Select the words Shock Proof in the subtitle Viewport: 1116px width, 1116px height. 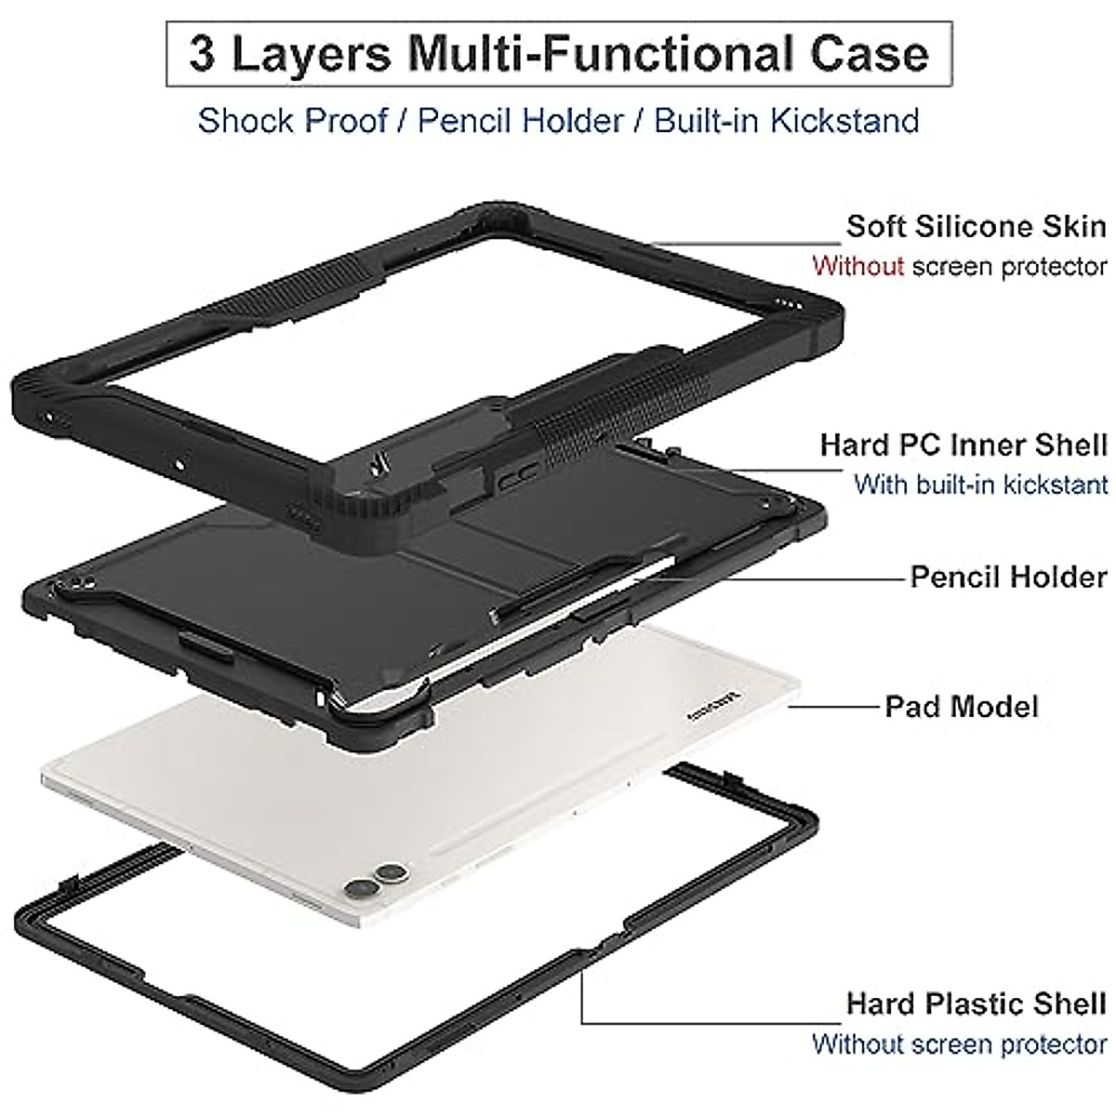pyautogui.click(x=292, y=121)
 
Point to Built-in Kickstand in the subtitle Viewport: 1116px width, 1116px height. pyautogui.click(x=787, y=121)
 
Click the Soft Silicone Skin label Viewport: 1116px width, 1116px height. pyautogui.click(x=976, y=226)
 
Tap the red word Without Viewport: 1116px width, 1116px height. pyautogui.click(x=857, y=266)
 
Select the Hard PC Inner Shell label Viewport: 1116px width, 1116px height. pyautogui.click(x=963, y=445)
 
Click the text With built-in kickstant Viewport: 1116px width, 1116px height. pyautogui.click(x=980, y=485)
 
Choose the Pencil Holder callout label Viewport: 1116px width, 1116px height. pyautogui.click(x=1008, y=577)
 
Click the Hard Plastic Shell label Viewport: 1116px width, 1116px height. pyautogui.click(x=976, y=977)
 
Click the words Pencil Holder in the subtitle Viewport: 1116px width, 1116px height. pyautogui.click(x=521, y=121)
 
